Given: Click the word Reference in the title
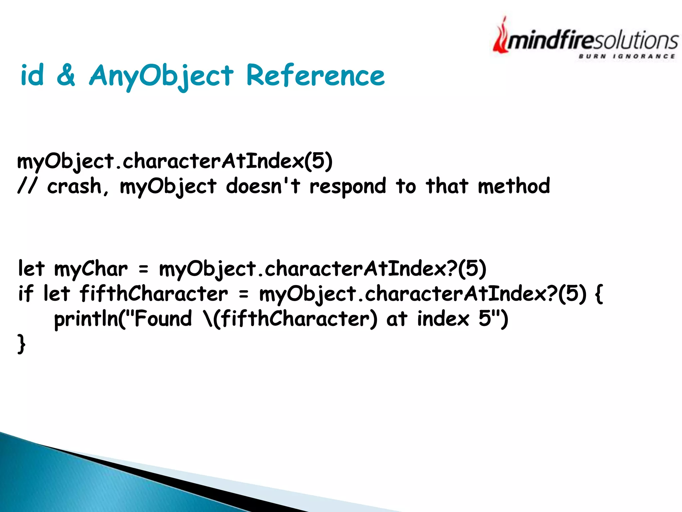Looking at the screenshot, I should click(x=315, y=76).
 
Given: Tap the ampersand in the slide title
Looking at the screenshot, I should click(x=66, y=75).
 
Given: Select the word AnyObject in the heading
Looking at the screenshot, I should click(x=162, y=76).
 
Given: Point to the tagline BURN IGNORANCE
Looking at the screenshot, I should click(x=627, y=56).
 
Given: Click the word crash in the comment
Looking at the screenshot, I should click(x=74, y=186).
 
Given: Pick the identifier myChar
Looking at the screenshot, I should click(x=91, y=269).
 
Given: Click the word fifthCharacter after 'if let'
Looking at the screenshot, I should click(x=154, y=294).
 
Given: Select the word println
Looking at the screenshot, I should click(x=86, y=319).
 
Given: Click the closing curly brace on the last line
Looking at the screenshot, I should click(x=21, y=344).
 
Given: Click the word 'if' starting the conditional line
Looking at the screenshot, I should click(x=26, y=294).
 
